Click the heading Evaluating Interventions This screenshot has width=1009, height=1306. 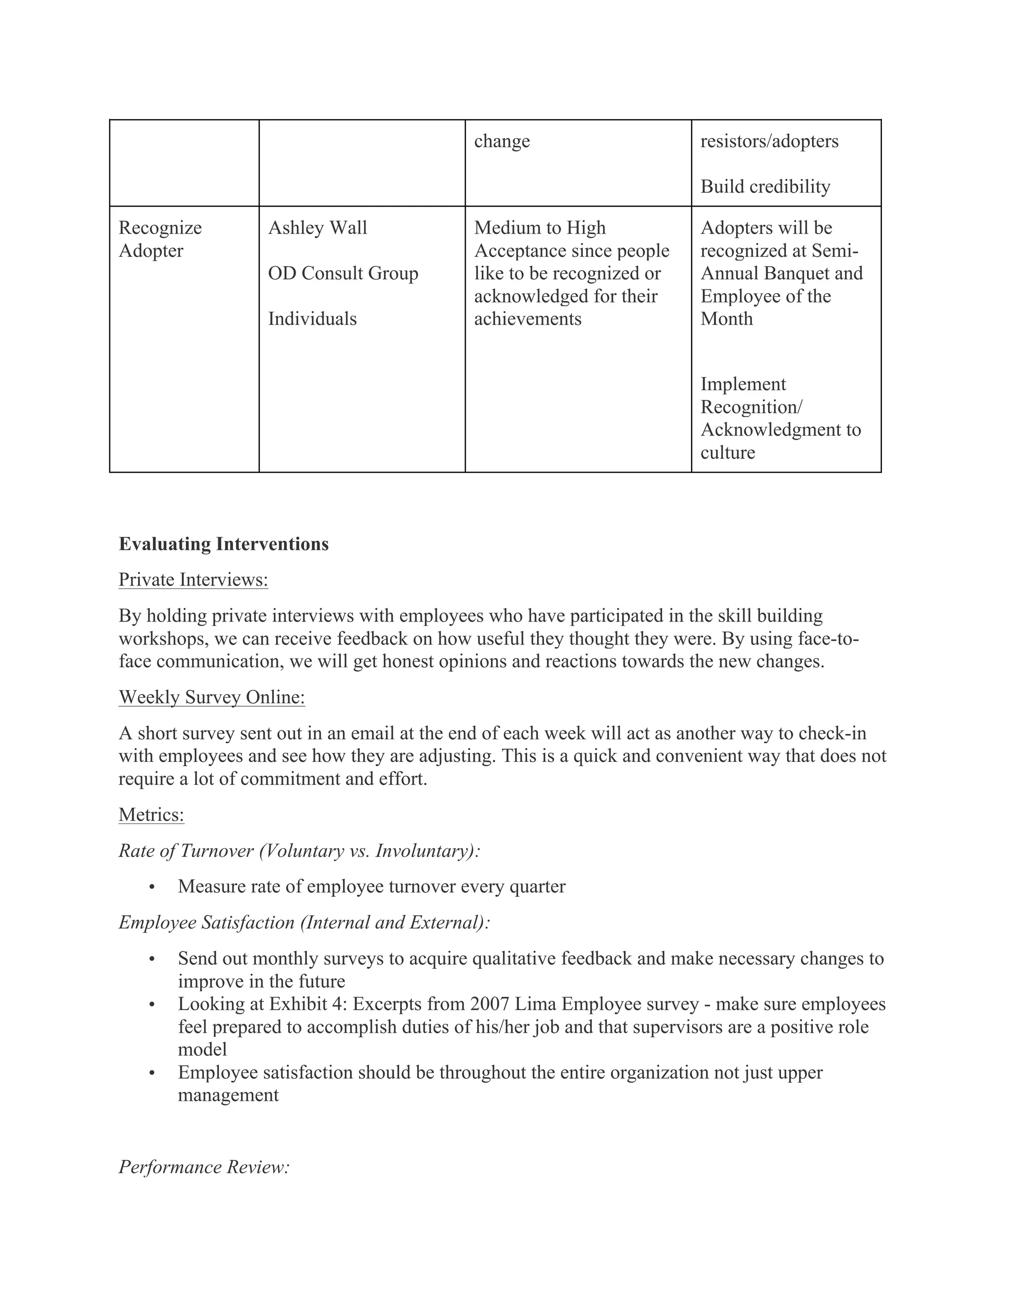pos(224,544)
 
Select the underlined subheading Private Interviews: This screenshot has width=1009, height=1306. pos(193,580)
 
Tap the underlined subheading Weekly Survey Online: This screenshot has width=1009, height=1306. pos(211,697)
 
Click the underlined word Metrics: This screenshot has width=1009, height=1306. pos(151,815)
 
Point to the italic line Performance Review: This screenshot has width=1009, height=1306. pos(204,1166)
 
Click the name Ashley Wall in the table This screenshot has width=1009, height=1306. pos(317,228)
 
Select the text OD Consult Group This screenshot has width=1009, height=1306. pos(342,274)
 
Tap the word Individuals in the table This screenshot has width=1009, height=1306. pos(312,319)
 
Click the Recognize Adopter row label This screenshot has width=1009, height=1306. pos(160,239)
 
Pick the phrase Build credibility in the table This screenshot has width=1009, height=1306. pos(765,187)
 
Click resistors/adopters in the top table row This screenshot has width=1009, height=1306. pos(769,141)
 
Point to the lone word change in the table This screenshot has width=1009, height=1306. pos(502,141)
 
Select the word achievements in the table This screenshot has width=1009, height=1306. pos(527,319)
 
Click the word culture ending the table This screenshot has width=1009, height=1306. pos(728,453)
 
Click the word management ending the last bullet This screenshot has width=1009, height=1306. pos(228,1095)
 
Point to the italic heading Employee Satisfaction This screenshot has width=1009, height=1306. pos(303,922)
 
